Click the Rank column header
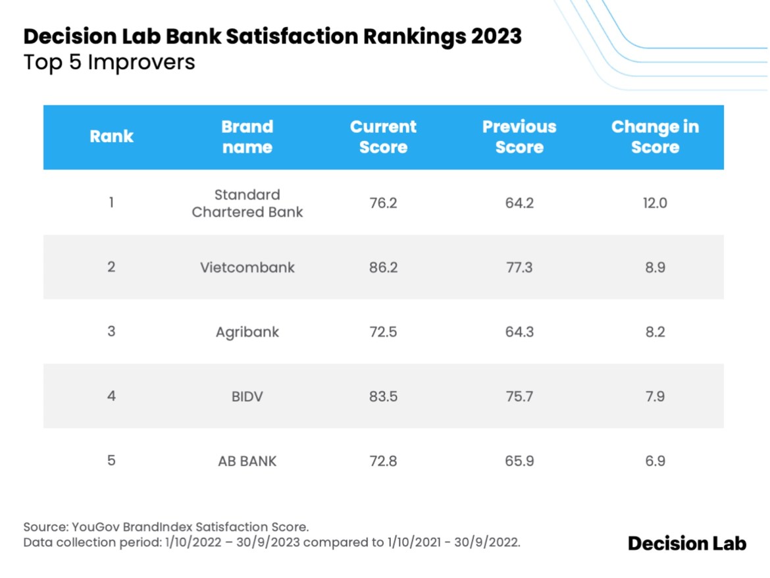tap(111, 136)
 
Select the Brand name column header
tap(247, 137)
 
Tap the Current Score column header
tap(383, 137)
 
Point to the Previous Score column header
tap(519, 137)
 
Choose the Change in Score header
tap(655, 137)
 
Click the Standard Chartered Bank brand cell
tap(247, 203)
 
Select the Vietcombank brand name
tap(247, 268)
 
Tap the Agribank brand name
tap(247, 332)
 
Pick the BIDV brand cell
tap(247, 396)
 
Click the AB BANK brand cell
tap(247, 461)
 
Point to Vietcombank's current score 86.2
tap(383, 268)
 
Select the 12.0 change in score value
tap(655, 203)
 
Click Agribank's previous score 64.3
tap(519, 332)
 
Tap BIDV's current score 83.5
tap(383, 396)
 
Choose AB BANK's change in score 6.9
tap(655, 461)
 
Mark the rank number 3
tap(111, 332)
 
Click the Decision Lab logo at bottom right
tap(687, 543)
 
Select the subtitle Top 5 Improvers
tap(109, 63)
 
